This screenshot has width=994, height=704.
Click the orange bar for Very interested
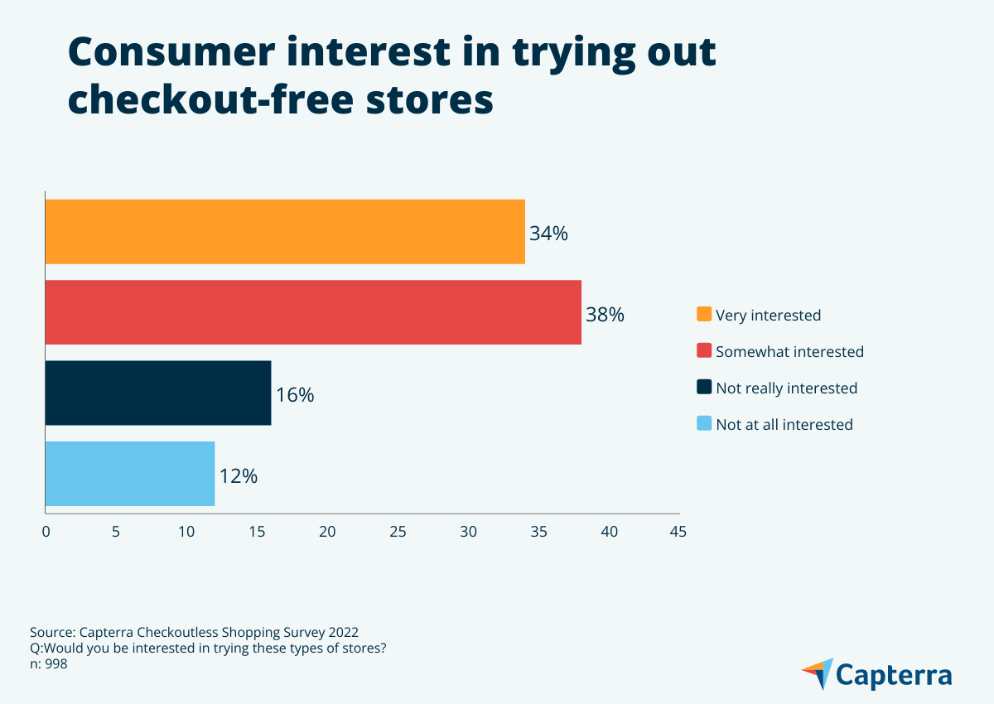coord(285,232)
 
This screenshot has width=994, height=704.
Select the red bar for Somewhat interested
coord(313,312)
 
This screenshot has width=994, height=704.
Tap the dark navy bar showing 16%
coord(157,393)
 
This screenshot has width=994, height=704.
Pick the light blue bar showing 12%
coord(129,474)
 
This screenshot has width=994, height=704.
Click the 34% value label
coord(548,234)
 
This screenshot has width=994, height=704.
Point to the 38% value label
coord(605,315)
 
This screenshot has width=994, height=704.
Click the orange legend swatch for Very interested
coord(704,315)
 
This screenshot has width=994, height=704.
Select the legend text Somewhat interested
coord(789,351)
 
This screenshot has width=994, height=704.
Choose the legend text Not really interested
coord(786,388)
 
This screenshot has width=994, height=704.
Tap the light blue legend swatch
coord(704,424)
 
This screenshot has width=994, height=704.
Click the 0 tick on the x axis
coord(46,532)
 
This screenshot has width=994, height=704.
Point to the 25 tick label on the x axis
coord(398,532)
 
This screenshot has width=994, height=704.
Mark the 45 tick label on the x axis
coord(678,532)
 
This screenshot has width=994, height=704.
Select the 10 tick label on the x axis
coord(186,532)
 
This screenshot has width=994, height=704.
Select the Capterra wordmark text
coord(894,674)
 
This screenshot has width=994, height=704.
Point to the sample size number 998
coord(55,663)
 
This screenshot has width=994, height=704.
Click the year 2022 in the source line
coord(344,630)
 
